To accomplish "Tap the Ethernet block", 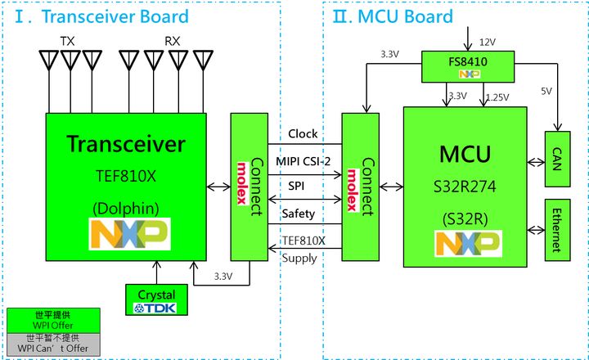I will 556,230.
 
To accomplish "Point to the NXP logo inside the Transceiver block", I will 129,233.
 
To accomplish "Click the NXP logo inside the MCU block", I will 467,243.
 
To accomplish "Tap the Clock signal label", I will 303,133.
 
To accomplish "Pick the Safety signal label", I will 298,213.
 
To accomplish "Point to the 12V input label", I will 488,41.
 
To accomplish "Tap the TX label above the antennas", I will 67,41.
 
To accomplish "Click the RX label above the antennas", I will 173,41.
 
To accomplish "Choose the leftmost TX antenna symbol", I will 50,62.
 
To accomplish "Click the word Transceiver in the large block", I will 126,144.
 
